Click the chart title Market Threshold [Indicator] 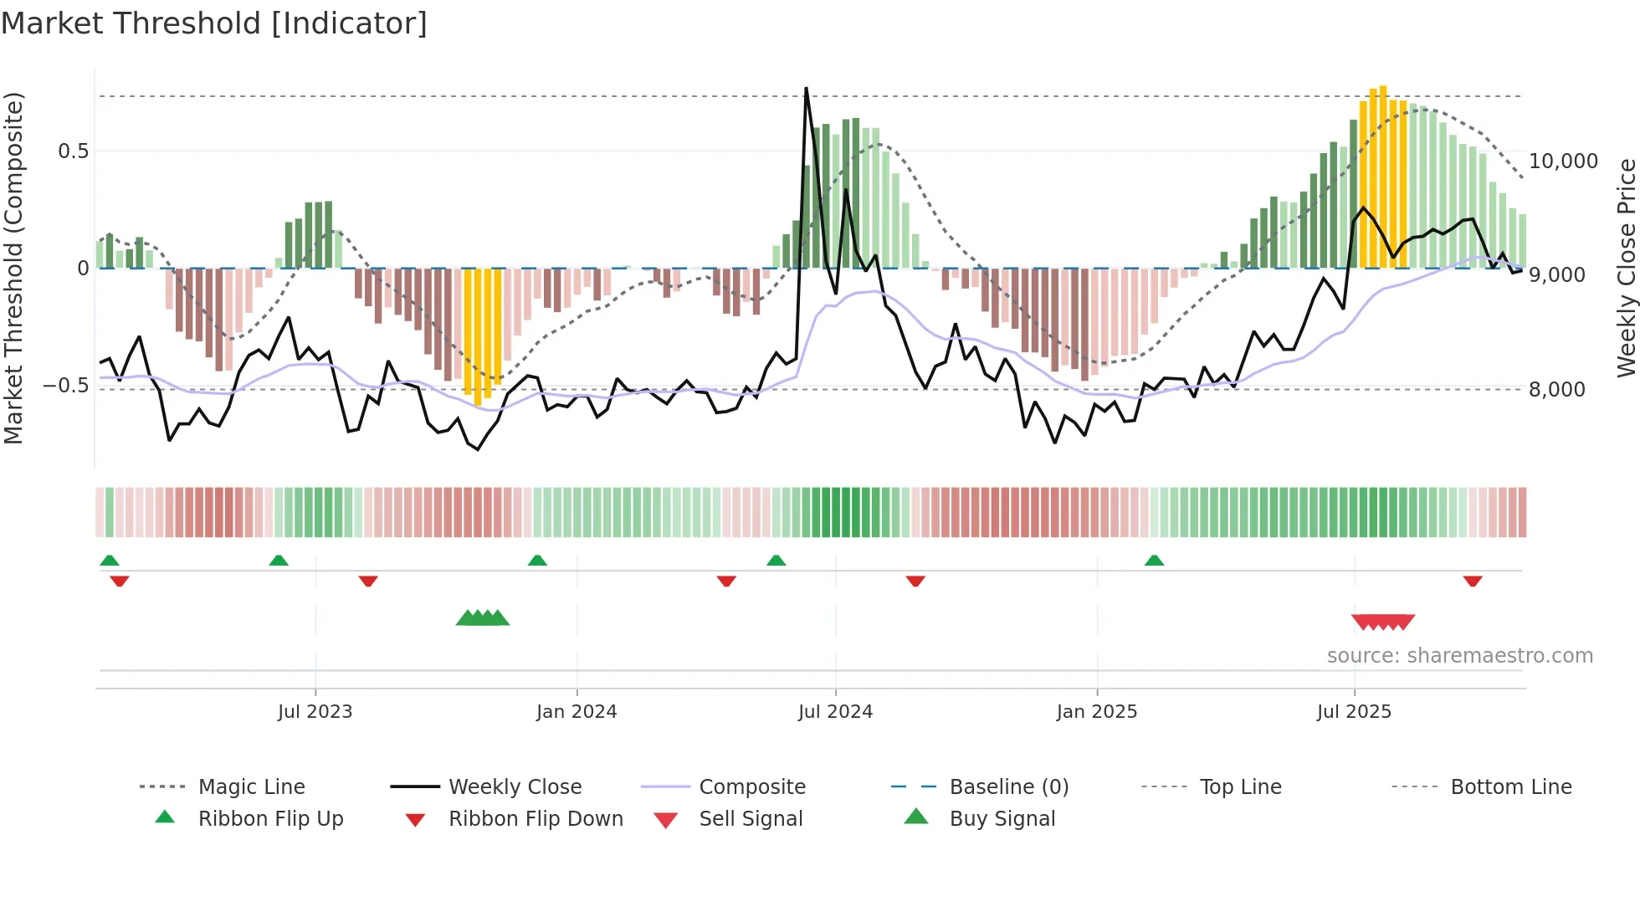(x=214, y=23)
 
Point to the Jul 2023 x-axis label (x=315, y=712)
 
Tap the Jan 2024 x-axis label (x=577, y=712)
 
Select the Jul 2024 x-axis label (x=835, y=712)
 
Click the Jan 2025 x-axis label (x=1097, y=712)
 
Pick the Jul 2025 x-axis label (x=1354, y=712)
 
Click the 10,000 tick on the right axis (x=1563, y=161)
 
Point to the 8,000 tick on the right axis (x=1556, y=389)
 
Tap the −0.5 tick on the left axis (x=66, y=386)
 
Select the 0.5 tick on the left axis (x=73, y=151)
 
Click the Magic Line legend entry (x=251, y=787)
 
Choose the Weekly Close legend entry (x=515, y=787)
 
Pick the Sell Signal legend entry (x=751, y=819)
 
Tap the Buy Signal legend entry (x=1002, y=819)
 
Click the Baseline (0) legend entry (x=1008, y=787)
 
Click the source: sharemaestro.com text (x=1459, y=656)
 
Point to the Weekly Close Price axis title (x=1626, y=268)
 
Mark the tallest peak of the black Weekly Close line (x=806, y=88)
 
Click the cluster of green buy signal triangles (x=483, y=618)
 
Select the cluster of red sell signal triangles (x=1383, y=622)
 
